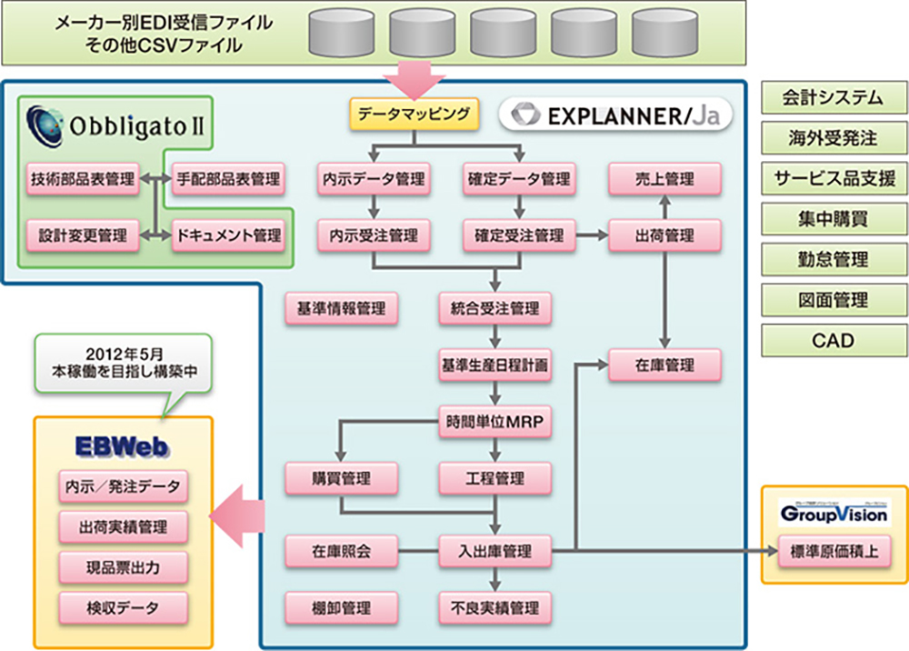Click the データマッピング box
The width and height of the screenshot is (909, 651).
click(414, 114)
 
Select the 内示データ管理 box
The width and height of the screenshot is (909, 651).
click(373, 179)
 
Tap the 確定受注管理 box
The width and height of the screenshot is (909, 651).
click(518, 235)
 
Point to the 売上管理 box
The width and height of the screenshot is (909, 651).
click(665, 179)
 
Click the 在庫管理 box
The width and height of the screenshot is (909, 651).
click(665, 366)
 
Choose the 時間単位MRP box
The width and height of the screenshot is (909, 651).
click(494, 422)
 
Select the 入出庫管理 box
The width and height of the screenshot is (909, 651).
click(494, 550)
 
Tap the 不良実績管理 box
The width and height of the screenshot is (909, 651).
click(494, 606)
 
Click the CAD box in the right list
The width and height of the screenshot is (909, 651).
click(834, 340)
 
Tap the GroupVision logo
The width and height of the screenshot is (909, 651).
click(834, 513)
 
